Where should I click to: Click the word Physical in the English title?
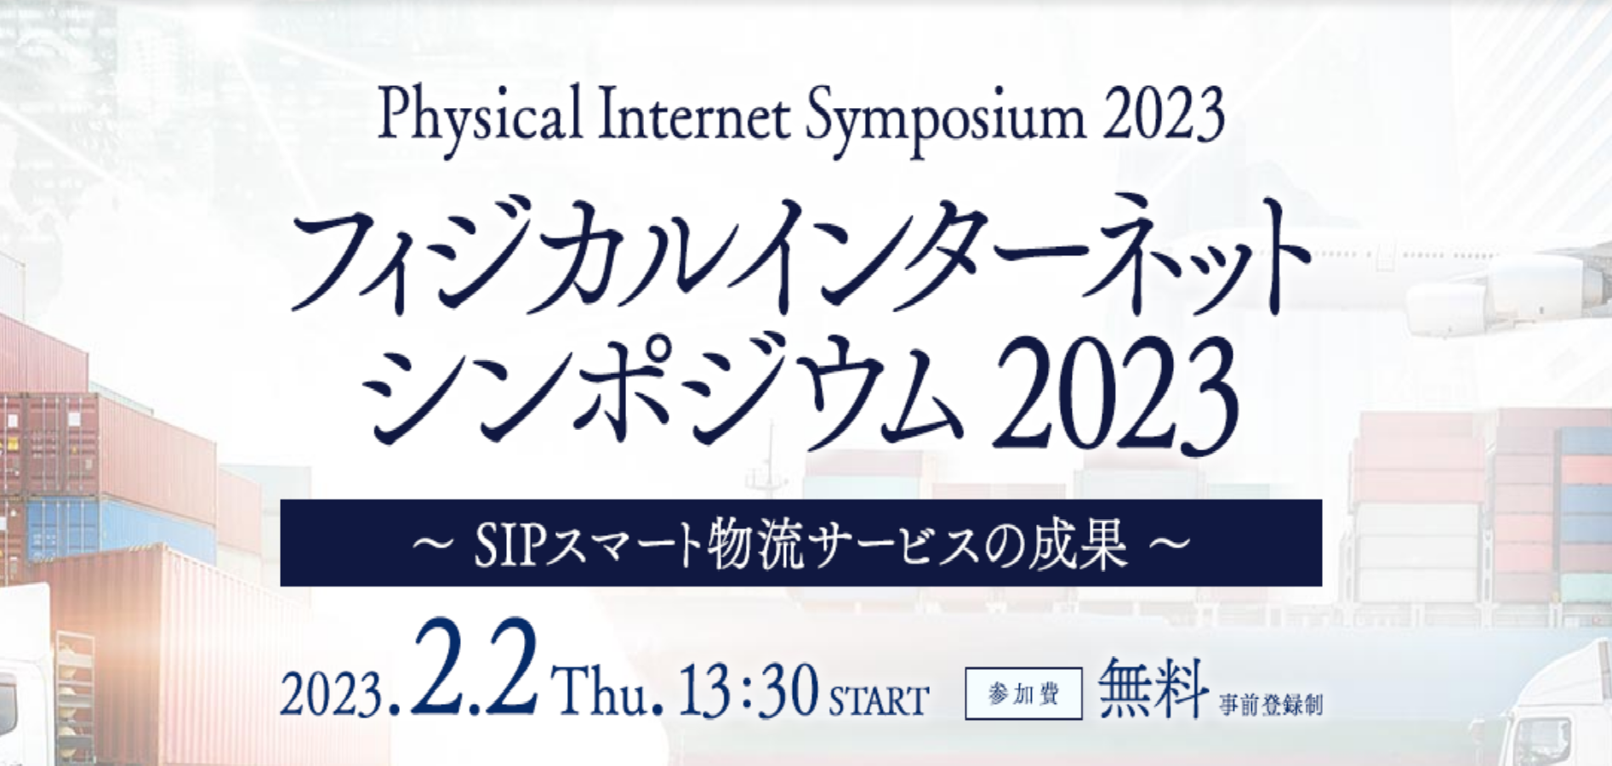tap(480, 118)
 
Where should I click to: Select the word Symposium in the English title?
tap(945, 120)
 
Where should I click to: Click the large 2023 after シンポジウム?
tap(1114, 394)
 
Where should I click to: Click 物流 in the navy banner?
tap(755, 543)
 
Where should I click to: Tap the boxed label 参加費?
tap(1023, 694)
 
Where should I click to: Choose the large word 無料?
tap(1153, 688)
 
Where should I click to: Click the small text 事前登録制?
tap(1271, 705)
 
